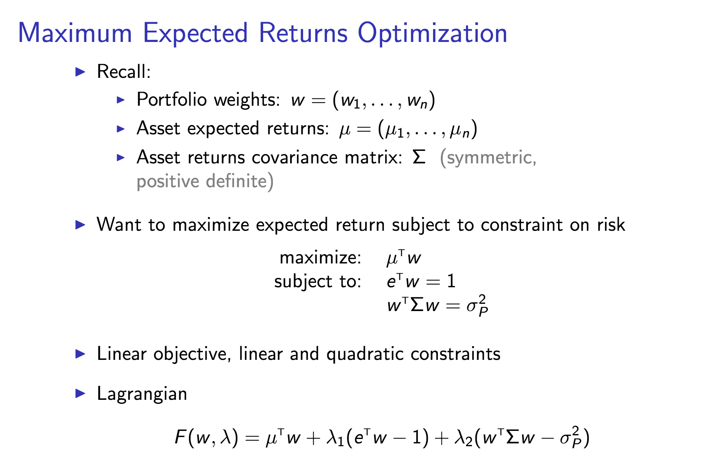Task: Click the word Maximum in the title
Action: (75, 33)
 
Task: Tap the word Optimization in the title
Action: (432, 33)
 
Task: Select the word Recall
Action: (123, 72)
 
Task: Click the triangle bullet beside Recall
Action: (81, 72)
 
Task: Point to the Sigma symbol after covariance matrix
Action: (419, 157)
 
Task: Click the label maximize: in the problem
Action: (320, 257)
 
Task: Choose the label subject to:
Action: (318, 281)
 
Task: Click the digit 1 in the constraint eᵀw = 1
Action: (452, 281)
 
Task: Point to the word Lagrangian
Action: (142, 394)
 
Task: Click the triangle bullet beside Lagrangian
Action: (81, 393)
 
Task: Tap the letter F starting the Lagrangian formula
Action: (180, 437)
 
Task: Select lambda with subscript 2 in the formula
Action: (463, 438)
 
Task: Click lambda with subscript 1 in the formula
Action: (335, 438)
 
